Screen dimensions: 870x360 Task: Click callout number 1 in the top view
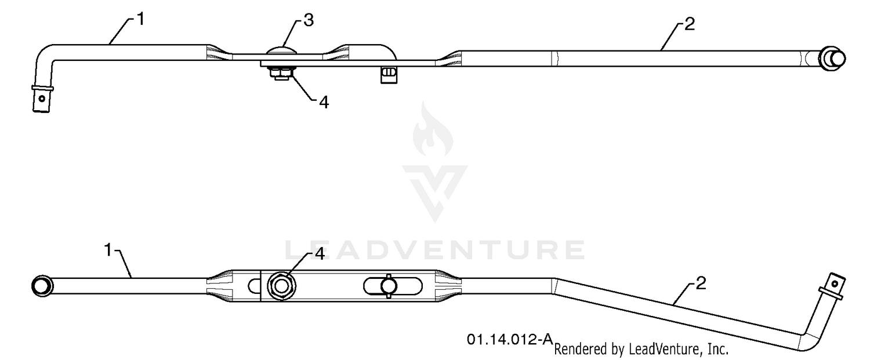pyautogui.click(x=140, y=19)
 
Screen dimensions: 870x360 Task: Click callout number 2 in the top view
pyautogui.click(x=689, y=24)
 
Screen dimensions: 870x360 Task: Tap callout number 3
pyautogui.click(x=309, y=20)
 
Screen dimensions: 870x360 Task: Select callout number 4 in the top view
pyautogui.click(x=324, y=102)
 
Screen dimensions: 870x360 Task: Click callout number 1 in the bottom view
pyautogui.click(x=108, y=250)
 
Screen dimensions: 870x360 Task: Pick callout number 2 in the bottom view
pyautogui.click(x=700, y=283)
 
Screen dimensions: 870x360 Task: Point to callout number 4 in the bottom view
pyautogui.click(x=319, y=253)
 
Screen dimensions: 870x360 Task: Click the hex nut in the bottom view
pyautogui.click(x=281, y=286)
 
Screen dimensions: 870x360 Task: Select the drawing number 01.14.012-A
pyautogui.click(x=510, y=339)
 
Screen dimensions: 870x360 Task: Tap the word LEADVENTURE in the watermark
pyautogui.click(x=435, y=250)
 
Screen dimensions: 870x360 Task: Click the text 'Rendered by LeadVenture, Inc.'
pyautogui.click(x=641, y=349)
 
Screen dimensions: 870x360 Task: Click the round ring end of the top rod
pyautogui.click(x=832, y=59)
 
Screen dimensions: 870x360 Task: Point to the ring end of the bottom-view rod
pyautogui.click(x=42, y=286)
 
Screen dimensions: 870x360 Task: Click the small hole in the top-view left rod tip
pyautogui.click(x=42, y=99)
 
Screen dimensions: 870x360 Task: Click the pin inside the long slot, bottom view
pyautogui.click(x=389, y=286)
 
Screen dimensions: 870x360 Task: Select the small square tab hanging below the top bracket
pyautogui.click(x=389, y=75)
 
